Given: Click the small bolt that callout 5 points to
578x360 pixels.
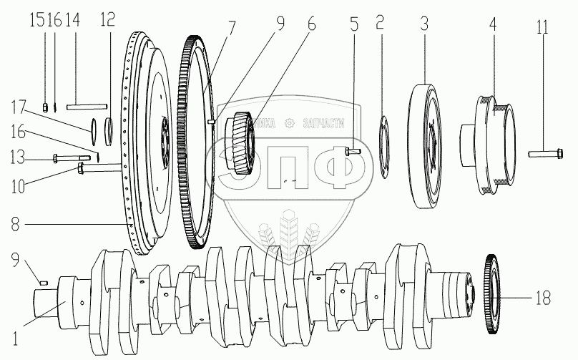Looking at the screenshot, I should tap(351, 150).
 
